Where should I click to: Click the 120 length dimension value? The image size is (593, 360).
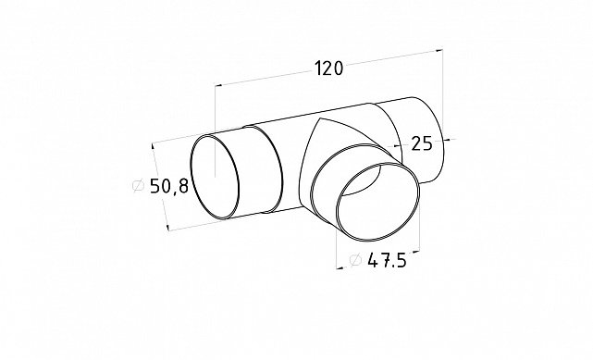(x=328, y=68)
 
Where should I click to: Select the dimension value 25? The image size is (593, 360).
(x=421, y=143)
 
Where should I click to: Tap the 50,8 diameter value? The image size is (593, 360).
(x=169, y=186)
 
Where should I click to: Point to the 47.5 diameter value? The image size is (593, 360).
(x=387, y=261)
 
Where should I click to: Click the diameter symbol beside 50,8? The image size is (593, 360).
(x=139, y=186)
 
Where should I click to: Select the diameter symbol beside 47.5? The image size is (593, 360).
(x=355, y=260)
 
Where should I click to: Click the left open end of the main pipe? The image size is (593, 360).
(x=215, y=176)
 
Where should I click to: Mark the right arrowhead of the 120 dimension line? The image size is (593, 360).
(x=439, y=50)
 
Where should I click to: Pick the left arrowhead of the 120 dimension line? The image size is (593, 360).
(x=218, y=85)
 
